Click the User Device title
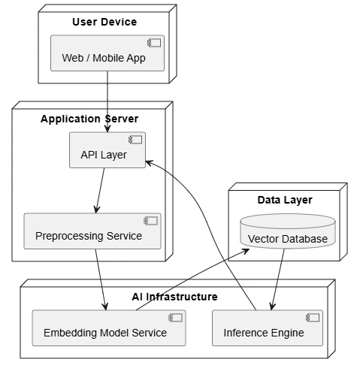click(x=104, y=22)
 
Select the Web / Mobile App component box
click(x=107, y=53)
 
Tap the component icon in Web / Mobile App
click(x=154, y=43)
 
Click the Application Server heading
click(x=89, y=119)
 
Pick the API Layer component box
click(x=107, y=150)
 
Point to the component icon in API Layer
click(x=135, y=140)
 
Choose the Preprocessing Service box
click(x=92, y=231)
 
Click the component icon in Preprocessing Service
click(x=151, y=221)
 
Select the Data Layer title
click(x=285, y=200)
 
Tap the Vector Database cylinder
click(x=288, y=231)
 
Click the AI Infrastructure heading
click(x=174, y=297)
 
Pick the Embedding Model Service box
click(x=109, y=328)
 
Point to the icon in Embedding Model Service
click(x=176, y=318)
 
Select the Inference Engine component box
click(x=268, y=328)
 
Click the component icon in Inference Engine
click(x=313, y=318)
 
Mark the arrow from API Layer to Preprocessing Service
click(x=100, y=191)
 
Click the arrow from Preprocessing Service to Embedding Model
click(x=101, y=279)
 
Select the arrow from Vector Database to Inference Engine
click(x=278, y=279)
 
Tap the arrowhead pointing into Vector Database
click(x=245, y=252)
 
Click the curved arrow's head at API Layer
click(x=149, y=163)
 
